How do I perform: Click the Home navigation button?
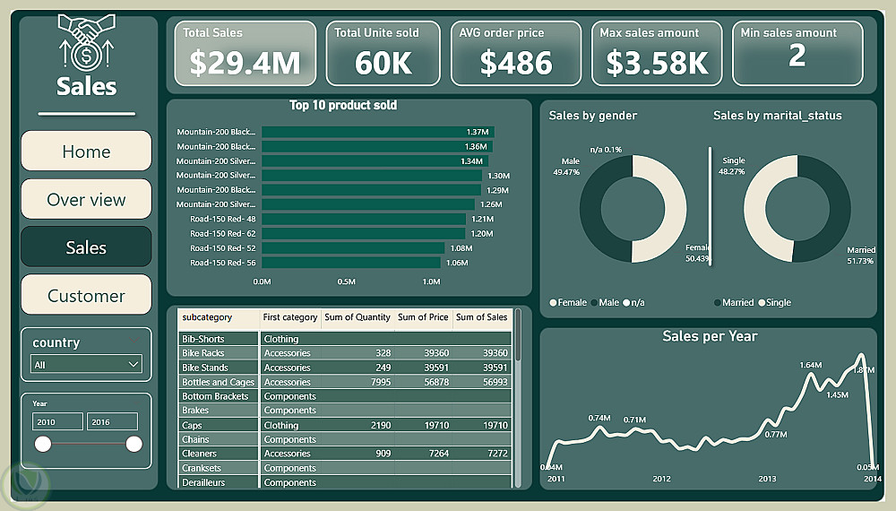[86, 152]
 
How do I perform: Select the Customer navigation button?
[86, 296]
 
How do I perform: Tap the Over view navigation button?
[86, 200]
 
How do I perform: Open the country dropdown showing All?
[86, 364]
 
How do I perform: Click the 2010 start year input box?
[57, 421]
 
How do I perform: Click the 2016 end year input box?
[112, 421]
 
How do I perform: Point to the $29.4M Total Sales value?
[245, 63]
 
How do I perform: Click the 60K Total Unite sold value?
[383, 63]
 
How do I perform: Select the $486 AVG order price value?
[516, 63]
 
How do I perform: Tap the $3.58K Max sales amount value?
[657, 63]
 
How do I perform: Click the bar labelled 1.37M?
[377, 132]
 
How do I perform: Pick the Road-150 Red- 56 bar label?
[223, 263]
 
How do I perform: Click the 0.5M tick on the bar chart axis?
[347, 281]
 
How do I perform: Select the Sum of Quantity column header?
[357, 317]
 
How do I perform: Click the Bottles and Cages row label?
[219, 382]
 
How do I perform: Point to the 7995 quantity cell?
[376, 382]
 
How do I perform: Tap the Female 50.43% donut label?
[697, 253]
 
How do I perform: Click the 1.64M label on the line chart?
[810, 365]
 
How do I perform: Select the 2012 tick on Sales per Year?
[661, 480]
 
